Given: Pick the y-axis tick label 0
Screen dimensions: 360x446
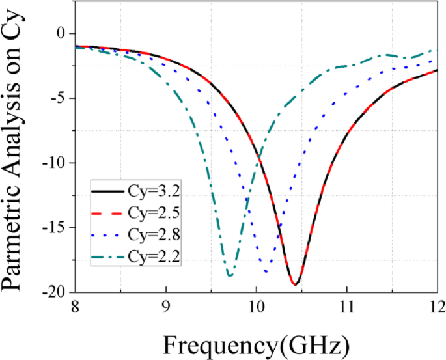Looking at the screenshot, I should coord(63,33).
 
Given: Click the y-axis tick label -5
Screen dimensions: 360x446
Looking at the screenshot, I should coord(59,98).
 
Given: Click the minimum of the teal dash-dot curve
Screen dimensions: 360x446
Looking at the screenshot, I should coord(229,276).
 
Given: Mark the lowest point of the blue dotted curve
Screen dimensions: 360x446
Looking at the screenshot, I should coord(266,271).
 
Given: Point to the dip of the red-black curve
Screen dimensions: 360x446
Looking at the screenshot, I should coord(295,284).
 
